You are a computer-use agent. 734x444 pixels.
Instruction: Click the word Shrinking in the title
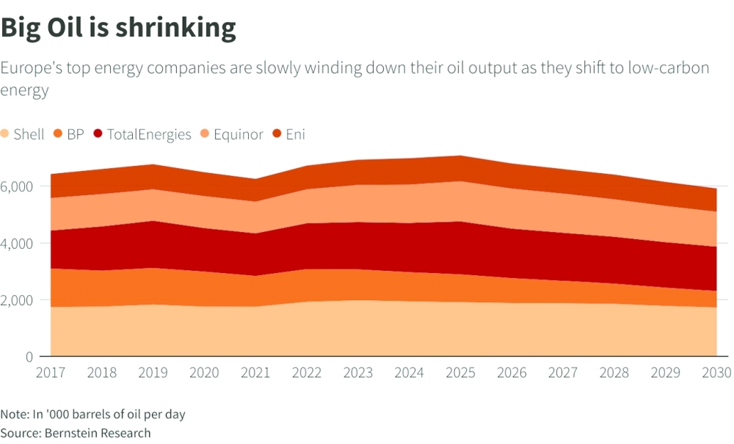[175, 28]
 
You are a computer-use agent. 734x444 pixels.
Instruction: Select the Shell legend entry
[23, 134]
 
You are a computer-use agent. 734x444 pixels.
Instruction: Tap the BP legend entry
[69, 134]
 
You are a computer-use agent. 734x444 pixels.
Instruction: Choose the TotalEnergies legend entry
[142, 134]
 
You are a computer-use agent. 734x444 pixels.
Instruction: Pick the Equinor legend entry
[232, 134]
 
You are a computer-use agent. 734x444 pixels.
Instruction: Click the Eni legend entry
[288, 134]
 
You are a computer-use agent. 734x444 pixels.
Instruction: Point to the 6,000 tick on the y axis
[17, 186]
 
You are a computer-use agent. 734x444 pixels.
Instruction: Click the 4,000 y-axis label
[17, 244]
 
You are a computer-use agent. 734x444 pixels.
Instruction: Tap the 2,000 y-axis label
[17, 300]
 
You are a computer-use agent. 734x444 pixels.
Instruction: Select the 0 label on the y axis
[29, 357]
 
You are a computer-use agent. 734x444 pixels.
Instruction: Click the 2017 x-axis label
[51, 372]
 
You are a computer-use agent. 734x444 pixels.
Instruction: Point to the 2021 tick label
[255, 372]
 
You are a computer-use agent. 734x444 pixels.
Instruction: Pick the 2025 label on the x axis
[461, 372]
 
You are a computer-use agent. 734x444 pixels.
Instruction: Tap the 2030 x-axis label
[716, 372]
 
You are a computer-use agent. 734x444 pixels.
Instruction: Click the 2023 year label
[358, 372]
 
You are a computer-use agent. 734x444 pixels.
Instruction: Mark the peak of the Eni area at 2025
[461, 156]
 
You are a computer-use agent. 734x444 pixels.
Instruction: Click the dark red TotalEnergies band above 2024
[409, 247]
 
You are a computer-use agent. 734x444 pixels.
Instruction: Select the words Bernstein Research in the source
[98, 433]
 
